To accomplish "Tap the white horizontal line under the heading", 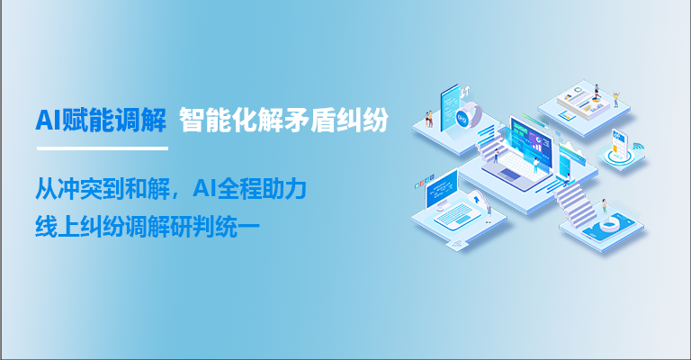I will pyautogui.click(x=102, y=148).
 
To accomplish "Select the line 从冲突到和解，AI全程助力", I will pyautogui.click(x=171, y=190).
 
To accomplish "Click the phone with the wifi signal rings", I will pyautogui.click(x=620, y=145).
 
